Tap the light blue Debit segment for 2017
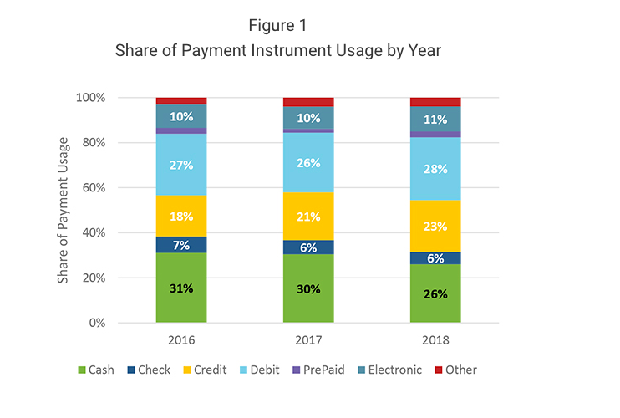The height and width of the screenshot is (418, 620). point(308,162)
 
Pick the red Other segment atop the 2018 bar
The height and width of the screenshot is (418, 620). point(435,102)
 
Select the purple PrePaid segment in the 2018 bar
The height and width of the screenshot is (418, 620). point(435,134)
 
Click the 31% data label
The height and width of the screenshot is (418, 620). point(181,288)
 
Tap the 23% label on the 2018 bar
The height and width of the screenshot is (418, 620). point(435,226)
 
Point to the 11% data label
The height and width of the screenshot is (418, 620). point(435,119)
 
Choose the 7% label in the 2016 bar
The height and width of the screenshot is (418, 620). point(181,245)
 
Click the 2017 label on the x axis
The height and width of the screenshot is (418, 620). point(308,342)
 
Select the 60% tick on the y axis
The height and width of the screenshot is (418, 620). point(117,187)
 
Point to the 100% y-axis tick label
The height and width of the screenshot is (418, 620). point(113,97)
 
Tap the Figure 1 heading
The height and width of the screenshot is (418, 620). point(277,24)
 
